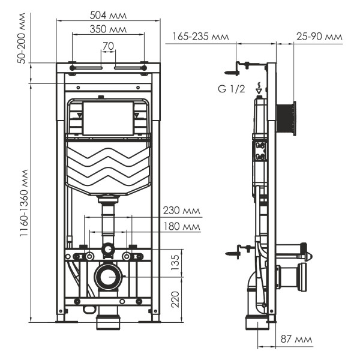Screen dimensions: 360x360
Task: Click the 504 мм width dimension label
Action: (108, 13)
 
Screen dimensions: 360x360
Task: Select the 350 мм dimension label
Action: (108, 28)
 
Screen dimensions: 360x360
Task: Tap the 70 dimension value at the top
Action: (108, 45)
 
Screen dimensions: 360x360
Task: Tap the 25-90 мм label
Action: (319, 37)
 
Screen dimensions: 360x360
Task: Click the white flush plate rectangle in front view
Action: (108, 118)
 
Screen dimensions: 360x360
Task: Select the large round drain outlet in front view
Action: (108, 277)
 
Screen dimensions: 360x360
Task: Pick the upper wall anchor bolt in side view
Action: (238, 68)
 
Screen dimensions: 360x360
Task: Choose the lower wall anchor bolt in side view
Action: (238, 251)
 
